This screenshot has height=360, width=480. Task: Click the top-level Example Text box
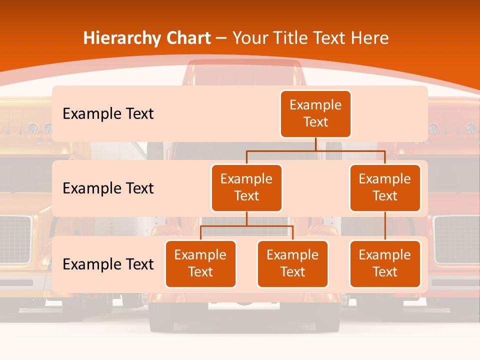315,114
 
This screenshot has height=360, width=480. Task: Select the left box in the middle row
246,187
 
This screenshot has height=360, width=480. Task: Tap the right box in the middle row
385,187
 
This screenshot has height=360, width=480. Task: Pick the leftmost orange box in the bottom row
200,263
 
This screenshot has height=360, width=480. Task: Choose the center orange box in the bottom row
292,263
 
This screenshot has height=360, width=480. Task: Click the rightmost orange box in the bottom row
385,263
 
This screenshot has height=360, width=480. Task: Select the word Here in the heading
369,38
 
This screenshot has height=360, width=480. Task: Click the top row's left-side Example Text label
108,114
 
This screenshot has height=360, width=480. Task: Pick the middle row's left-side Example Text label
108,188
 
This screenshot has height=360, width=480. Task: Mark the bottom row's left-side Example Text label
108,264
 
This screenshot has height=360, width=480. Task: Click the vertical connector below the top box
315,144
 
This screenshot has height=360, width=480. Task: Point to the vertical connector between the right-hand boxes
385,226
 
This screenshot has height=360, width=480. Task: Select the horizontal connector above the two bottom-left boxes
246,226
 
